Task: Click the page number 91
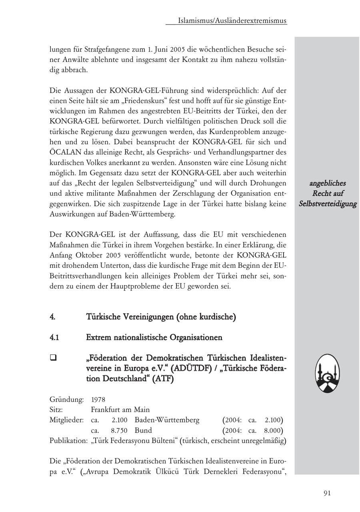pos(327,493)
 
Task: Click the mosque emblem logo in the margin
pos(327,373)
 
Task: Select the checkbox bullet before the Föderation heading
pos(52,358)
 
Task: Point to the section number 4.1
pos(54,338)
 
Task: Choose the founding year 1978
pos(98,399)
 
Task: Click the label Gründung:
pos(66,399)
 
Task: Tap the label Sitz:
pos(56,410)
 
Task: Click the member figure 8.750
pos(119,430)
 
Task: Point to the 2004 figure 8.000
pos(274,430)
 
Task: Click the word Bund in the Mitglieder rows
pos(143,430)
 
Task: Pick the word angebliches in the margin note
pos(328,183)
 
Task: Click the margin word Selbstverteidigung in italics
pos(328,204)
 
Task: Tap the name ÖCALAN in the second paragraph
pos(67,152)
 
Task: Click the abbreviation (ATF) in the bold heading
pos(162,379)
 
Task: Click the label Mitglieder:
pos(67,420)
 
